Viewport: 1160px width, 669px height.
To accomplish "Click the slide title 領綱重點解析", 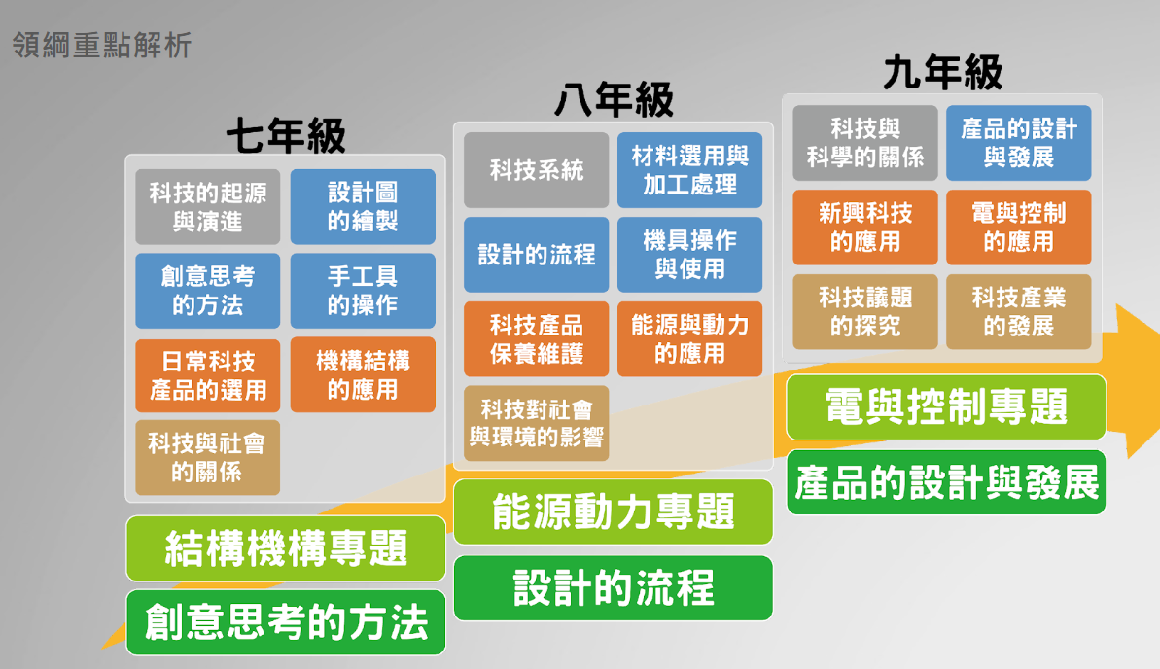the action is click(102, 45).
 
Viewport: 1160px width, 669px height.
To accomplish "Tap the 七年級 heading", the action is click(286, 136).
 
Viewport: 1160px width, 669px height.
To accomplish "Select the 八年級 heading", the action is click(614, 99).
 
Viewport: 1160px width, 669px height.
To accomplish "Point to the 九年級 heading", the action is click(942, 72).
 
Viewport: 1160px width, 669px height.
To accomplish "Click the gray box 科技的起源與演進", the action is click(207, 207).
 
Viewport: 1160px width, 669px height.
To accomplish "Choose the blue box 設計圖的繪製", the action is click(363, 207).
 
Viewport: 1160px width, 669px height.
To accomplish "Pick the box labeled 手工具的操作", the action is click(363, 291).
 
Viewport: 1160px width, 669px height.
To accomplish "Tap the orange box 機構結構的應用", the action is click(363, 375).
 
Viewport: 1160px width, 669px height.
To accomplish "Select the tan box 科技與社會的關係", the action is click(207, 458).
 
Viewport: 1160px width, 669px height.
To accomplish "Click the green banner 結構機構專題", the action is click(286, 548).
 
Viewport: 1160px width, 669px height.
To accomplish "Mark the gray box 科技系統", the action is click(536, 171).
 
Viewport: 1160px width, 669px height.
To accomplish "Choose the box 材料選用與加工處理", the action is click(689, 170).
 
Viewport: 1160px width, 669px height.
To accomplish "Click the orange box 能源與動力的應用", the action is click(689, 339).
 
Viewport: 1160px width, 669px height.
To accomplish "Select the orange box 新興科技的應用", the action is click(864, 228).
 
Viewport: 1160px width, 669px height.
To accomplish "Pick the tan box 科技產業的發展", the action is click(1018, 312).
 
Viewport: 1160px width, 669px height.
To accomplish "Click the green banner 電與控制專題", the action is click(945, 406).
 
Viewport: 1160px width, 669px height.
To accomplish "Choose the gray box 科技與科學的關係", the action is click(864, 143).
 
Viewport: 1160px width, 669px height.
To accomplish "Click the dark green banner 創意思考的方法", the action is click(286, 623).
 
